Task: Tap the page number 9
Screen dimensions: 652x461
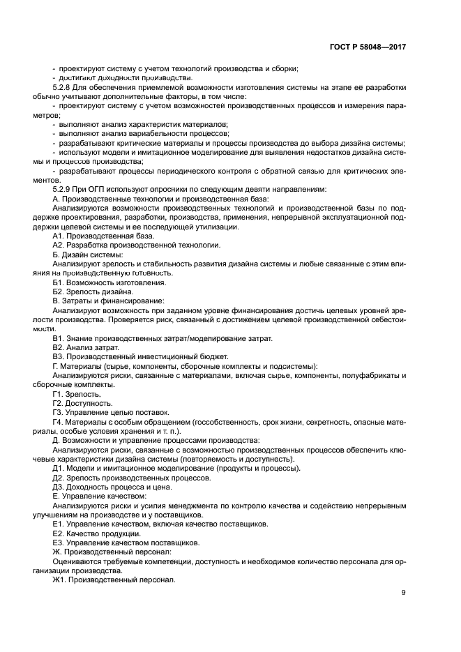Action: [403, 593]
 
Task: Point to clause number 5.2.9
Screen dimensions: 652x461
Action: [64, 189]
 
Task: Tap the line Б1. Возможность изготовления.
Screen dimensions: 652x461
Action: [109, 282]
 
